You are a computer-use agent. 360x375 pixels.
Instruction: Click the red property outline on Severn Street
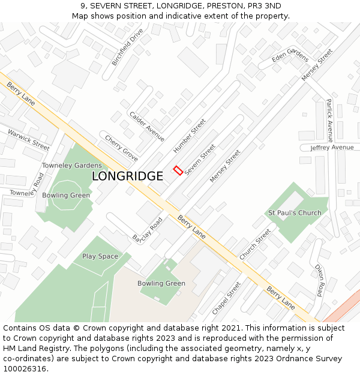pyautogui.click(x=178, y=170)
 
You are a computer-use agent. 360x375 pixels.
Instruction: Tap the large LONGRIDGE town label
pyautogui.click(x=127, y=176)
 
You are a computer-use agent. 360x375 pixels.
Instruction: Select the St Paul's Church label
pyautogui.click(x=295, y=213)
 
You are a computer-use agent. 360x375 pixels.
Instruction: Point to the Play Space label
pyautogui.click(x=100, y=256)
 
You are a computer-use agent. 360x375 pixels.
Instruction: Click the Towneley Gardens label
pyautogui.click(x=72, y=166)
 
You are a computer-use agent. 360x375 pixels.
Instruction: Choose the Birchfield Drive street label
pyautogui.click(x=127, y=47)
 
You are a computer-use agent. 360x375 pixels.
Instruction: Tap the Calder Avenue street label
pyautogui.click(x=146, y=127)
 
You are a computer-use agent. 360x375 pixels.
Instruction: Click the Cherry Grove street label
pyautogui.click(x=121, y=148)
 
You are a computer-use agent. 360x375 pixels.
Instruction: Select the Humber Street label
pyautogui.click(x=189, y=136)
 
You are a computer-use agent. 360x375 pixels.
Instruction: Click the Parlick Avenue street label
pyautogui.click(x=329, y=119)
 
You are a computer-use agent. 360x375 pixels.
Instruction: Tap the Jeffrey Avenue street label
pyautogui.click(x=332, y=148)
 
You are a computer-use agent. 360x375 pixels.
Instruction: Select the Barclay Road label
pyautogui.click(x=148, y=228)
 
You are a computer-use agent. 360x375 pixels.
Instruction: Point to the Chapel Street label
pyautogui.click(x=226, y=298)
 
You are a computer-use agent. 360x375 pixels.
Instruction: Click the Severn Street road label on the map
pyautogui.click(x=200, y=160)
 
